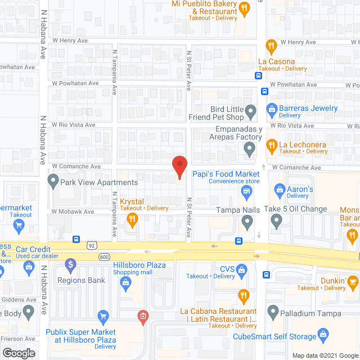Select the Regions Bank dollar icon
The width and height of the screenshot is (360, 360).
(71, 263)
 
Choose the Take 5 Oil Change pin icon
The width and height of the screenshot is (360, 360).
(276, 222)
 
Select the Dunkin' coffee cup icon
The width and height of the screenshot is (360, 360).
(352, 280)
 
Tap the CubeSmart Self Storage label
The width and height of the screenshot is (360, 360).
(275, 337)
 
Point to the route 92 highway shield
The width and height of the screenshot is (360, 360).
(92, 245)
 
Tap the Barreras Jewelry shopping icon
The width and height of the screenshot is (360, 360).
(271, 108)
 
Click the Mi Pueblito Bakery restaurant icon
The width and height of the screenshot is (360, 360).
(244, 8)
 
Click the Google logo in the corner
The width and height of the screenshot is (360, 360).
(18, 353)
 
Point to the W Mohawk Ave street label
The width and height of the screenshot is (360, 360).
(75, 212)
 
